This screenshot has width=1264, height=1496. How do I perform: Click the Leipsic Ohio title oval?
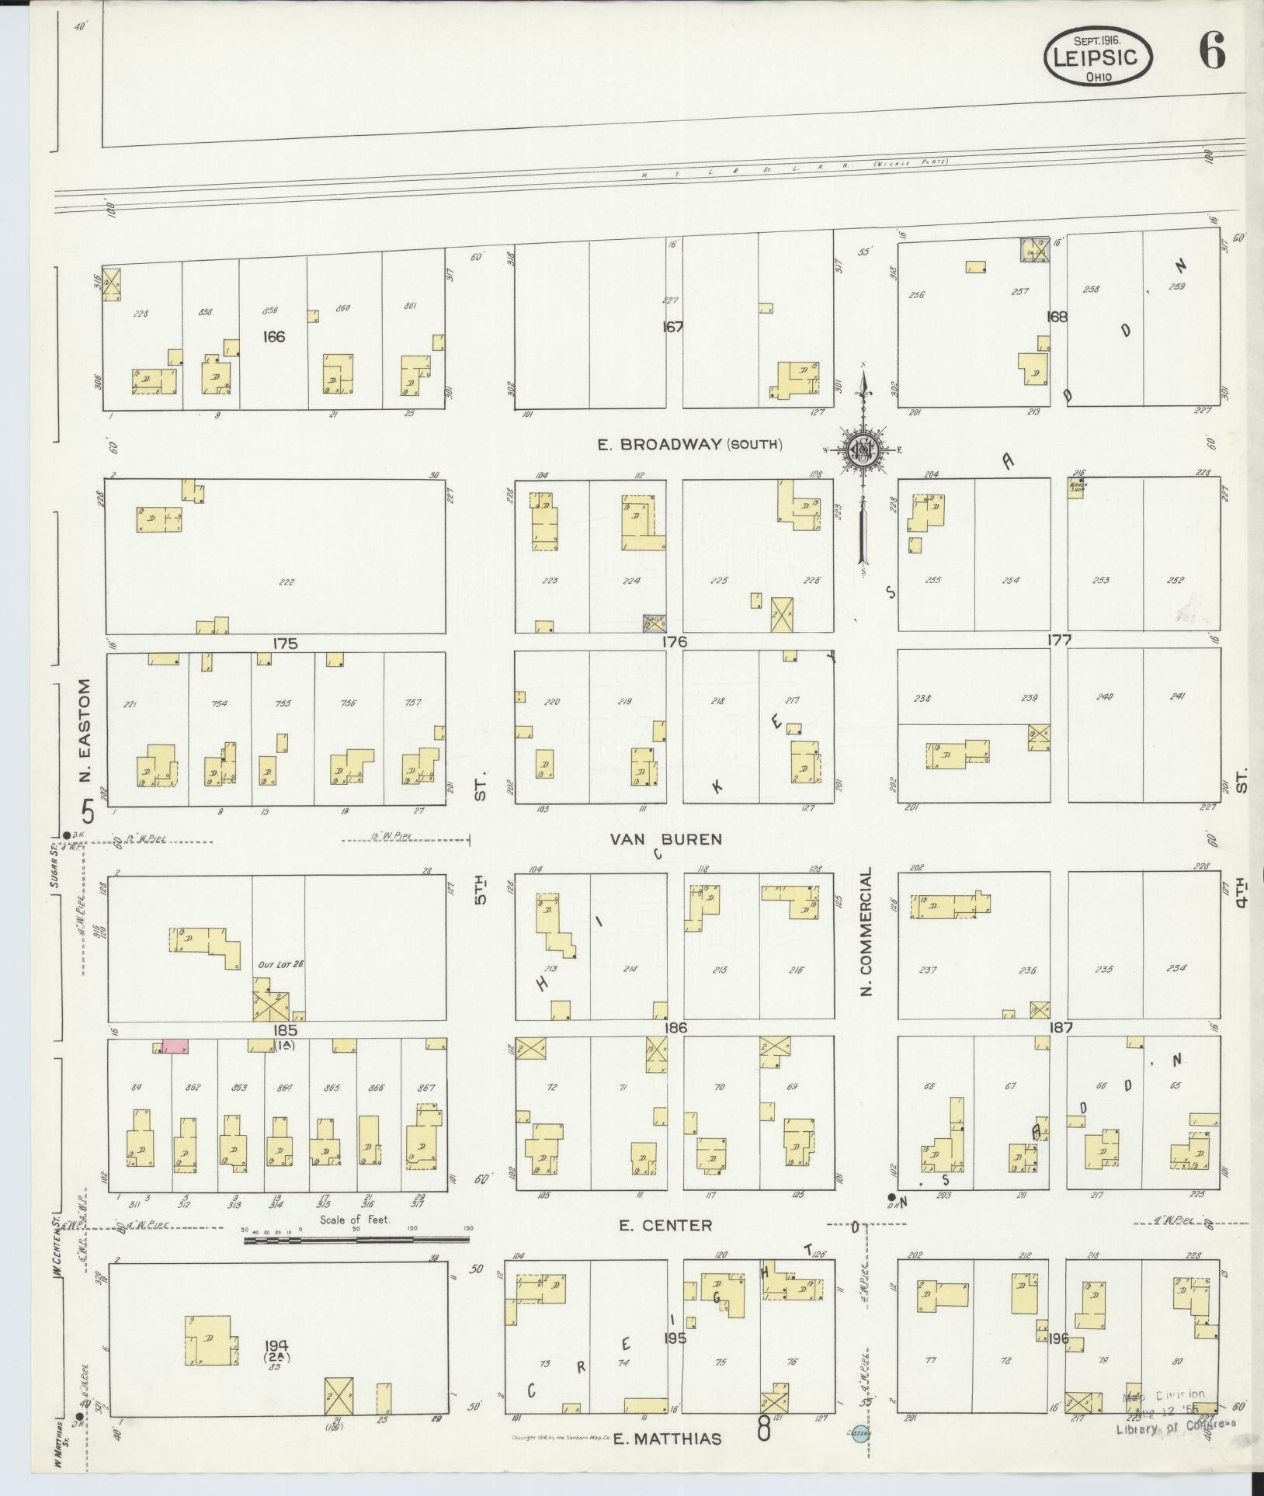click(1097, 56)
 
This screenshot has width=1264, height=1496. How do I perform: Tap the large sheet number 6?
click(1213, 53)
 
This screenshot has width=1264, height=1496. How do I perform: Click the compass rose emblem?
click(863, 448)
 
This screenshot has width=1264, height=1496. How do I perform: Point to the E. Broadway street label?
click(689, 445)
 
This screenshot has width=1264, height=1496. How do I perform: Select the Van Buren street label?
click(665, 839)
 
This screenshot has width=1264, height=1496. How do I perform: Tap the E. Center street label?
click(665, 1225)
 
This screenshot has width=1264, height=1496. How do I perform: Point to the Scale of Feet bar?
click(356, 1241)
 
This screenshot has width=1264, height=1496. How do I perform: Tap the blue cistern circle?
click(860, 1435)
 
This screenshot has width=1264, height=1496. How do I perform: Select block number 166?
click(274, 336)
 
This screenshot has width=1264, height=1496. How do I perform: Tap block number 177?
click(1059, 640)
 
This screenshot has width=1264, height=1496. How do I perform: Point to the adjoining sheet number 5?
click(88, 812)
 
